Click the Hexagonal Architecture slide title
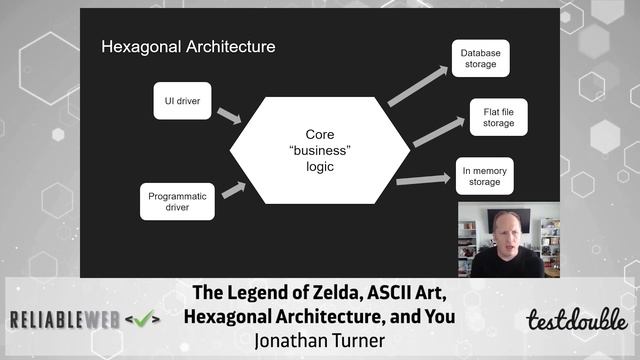[x=188, y=47]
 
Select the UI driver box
[x=182, y=100]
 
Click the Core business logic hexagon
[x=319, y=151]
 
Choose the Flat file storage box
[x=491, y=117]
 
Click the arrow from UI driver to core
[x=229, y=116]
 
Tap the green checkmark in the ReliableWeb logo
[x=147, y=319]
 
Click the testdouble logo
[x=577, y=320]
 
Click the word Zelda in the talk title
[x=316, y=294]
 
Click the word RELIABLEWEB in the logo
[x=64, y=320]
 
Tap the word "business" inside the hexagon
[x=319, y=150]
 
